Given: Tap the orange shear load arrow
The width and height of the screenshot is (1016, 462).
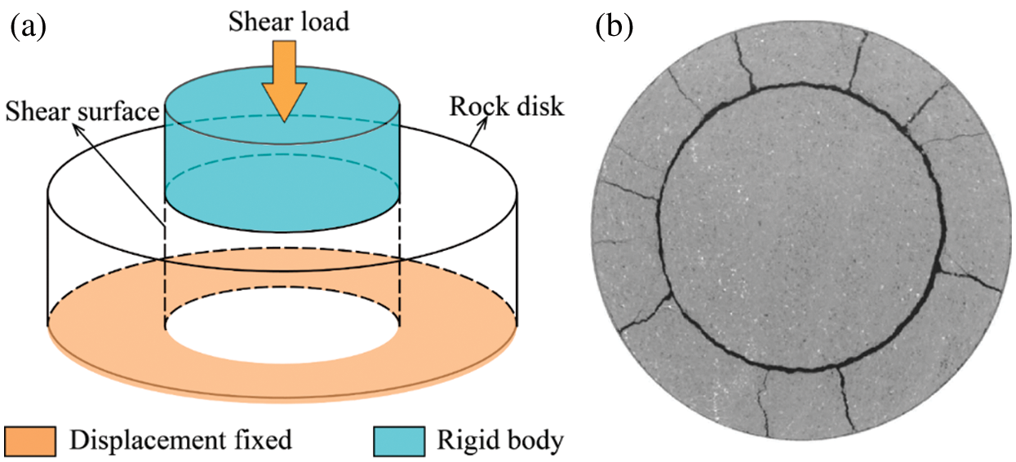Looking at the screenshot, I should (282, 78).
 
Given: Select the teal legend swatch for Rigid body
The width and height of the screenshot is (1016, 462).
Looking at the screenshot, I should (399, 441).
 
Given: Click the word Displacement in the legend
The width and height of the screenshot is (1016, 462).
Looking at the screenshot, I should (144, 441).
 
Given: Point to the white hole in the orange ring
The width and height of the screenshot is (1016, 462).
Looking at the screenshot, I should (282, 330).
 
